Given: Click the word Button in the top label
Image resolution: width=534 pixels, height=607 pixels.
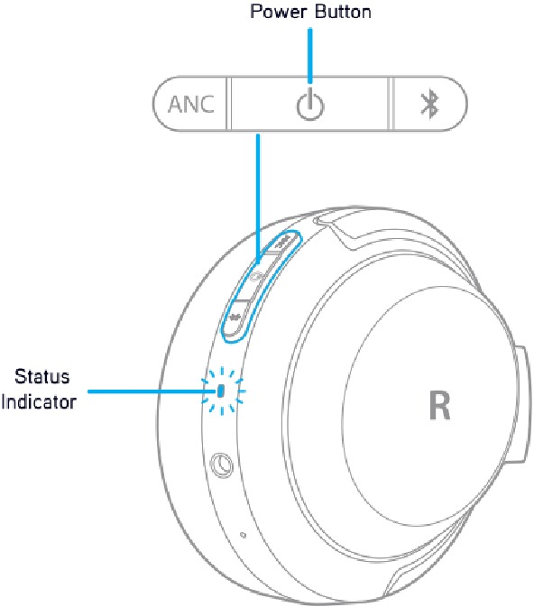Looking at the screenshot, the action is pyautogui.click(x=343, y=12).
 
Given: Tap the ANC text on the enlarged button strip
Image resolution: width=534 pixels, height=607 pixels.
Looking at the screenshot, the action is pyautogui.click(x=191, y=105).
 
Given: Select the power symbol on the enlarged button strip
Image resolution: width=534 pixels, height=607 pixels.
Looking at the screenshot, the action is pyautogui.click(x=310, y=105).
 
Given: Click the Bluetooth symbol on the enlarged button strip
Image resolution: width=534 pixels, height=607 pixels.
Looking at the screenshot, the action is pyautogui.click(x=429, y=105).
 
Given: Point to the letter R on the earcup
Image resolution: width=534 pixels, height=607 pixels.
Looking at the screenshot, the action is pyautogui.click(x=440, y=405).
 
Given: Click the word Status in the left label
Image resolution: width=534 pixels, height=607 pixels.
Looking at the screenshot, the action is pyautogui.click(x=41, y=377).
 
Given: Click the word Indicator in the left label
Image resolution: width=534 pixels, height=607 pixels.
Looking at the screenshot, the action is pyautogui.click(x=39, y=401).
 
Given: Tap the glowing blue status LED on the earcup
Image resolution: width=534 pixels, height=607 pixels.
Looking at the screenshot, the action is pyautogui.click(x=221, y=391).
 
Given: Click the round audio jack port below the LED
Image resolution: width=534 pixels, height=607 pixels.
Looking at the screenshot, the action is pyautogui.click(x=222, y=464).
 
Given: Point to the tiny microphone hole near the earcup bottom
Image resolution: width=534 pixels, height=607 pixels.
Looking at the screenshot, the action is pyautogui.click(x=244, y=535).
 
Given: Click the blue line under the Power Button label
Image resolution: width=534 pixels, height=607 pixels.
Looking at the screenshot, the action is pyautogui.click(x=309, y=55).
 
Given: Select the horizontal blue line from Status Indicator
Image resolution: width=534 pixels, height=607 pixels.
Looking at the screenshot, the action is pyautogui.click(x=152, y=391).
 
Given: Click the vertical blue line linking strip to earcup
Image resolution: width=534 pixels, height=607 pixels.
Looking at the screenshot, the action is pyautogui.click(x=258, y=198).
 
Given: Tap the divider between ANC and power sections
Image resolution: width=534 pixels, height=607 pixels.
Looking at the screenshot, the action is pyautogui.click(x=228, y=104).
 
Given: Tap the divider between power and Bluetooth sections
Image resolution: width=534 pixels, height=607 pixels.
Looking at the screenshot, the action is pyautogui.click(x=391, y=104).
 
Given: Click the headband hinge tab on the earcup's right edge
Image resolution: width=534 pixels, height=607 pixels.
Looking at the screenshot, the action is pyautogui.click(x=523, y=404).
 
